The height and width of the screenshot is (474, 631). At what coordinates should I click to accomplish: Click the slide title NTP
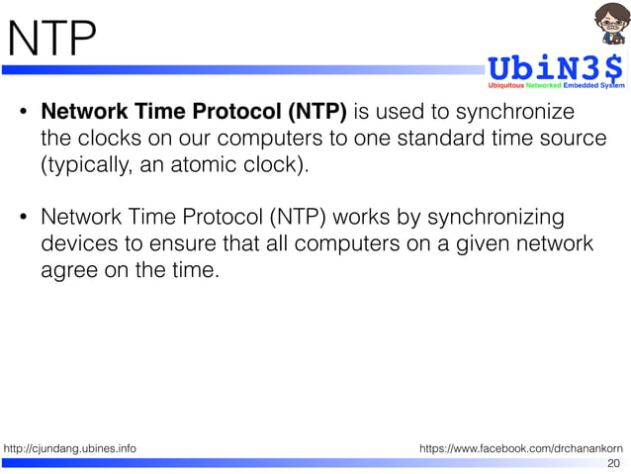click(51, 41)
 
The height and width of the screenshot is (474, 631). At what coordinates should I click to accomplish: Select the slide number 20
click(613, 463)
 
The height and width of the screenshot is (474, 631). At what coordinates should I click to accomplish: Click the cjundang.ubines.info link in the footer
click(70, 449)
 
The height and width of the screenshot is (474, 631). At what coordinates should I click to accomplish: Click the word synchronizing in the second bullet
click(485, 216)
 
